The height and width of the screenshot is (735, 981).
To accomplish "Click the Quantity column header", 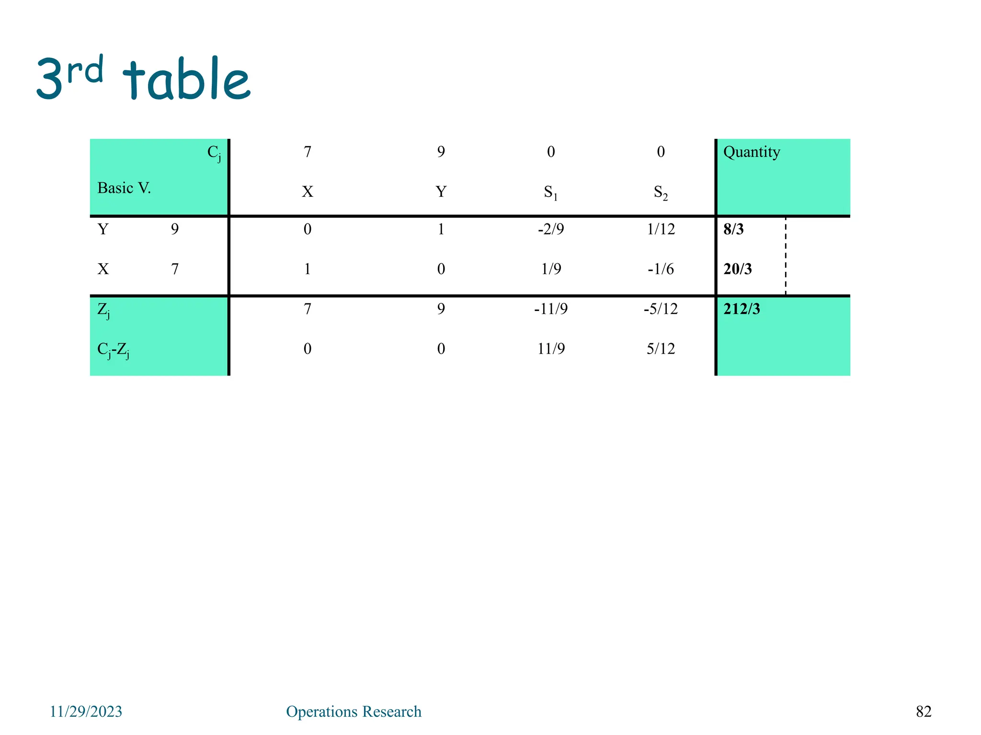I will coord(751,152).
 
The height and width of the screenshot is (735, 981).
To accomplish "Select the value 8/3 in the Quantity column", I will coord(733,229).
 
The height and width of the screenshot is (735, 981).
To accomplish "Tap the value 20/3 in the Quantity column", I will coord(737,269).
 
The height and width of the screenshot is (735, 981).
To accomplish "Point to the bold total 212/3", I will coord(741,309).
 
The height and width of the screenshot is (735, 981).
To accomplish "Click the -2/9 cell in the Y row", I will coord(551,229).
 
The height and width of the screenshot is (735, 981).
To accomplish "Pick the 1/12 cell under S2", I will coord(661,229).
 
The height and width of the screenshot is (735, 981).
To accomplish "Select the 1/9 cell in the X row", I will coord(551,269).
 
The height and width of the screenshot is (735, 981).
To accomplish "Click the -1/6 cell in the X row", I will coord(661,269).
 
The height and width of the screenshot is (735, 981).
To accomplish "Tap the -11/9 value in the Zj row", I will coord(551,309).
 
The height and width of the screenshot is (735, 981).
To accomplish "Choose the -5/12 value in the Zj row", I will coord(661,309).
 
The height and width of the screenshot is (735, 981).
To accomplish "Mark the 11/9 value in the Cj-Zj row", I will coord(551,349).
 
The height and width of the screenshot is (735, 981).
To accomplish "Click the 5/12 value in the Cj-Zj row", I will coord(661,349).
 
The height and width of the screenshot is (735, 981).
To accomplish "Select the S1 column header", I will coord(551,192).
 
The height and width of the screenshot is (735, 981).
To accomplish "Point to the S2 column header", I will coord(661,192).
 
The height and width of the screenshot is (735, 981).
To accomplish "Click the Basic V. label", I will coord(124,188).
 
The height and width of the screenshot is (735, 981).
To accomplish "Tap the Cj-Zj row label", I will coord(113,350).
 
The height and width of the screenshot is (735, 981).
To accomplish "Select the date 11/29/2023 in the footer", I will coord(86,712).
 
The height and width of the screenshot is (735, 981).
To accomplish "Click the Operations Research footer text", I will coord(354,712).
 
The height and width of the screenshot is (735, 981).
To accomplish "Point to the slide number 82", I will coord(924,712).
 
